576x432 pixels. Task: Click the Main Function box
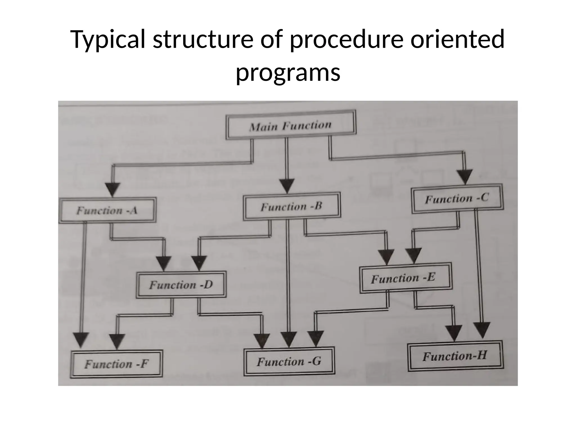tap(291, 125)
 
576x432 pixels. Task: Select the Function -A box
tap(107, 210)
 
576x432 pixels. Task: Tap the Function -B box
tap(292, 206)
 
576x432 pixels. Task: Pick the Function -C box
tap(457, 199)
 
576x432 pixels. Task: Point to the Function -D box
tap(181, 285)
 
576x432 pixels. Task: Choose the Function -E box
tap(406, 278)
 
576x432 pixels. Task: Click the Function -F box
tap(116, 364)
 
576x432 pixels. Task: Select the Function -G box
tap(289, 361)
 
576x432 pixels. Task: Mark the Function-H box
tap(455, 356)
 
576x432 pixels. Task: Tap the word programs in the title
tap(288, 72)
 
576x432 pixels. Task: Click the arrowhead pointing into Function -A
tap(113, 189)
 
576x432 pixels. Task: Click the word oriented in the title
tap(457, 39)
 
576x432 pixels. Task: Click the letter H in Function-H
tap(481, 355)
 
